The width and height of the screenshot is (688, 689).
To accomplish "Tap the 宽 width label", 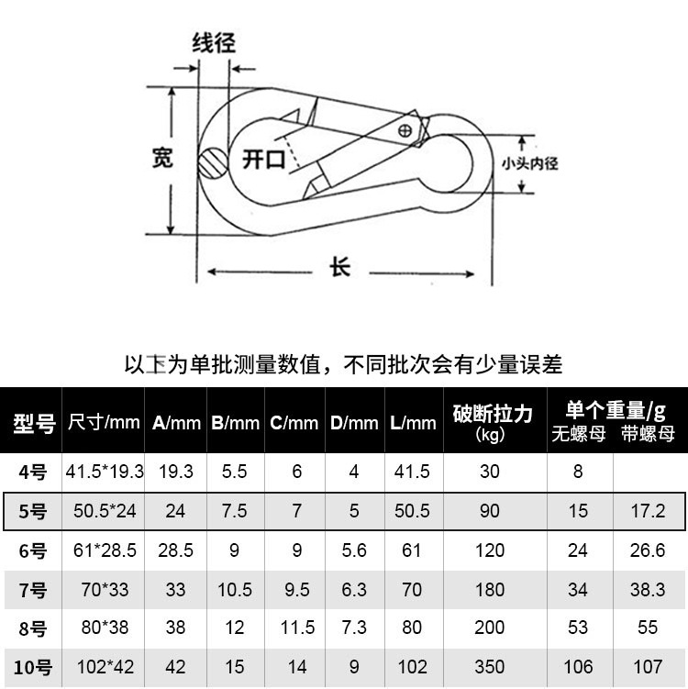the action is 161,158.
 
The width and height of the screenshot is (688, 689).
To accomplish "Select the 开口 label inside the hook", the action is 263,160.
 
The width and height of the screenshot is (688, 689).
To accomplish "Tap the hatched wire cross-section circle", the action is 212,163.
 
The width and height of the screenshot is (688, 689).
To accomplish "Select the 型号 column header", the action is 34,423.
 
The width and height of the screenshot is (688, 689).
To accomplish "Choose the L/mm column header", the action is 413,423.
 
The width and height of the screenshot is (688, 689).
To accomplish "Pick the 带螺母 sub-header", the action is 648,434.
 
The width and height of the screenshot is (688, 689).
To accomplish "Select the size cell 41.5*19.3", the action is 105,472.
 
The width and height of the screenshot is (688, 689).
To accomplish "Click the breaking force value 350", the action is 491,668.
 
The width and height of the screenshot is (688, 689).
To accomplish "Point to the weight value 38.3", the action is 648,590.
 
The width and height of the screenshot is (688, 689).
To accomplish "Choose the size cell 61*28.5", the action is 105,550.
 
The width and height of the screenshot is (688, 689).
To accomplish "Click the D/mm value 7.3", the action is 354,628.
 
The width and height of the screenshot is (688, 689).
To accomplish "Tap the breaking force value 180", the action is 491,590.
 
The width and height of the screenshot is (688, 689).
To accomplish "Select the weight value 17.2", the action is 648,511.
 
